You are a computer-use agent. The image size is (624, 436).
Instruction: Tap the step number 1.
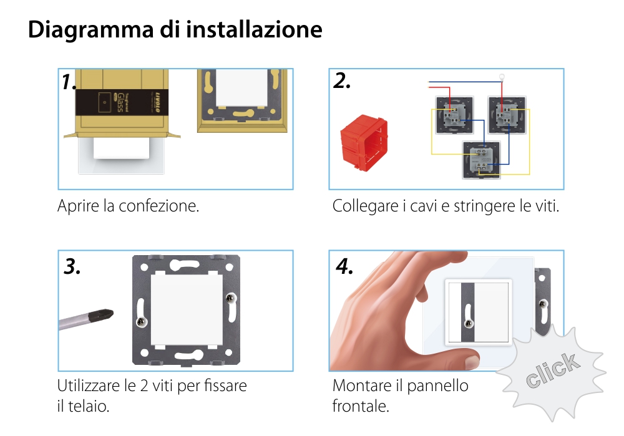pyautogui.click(x=69, y=82)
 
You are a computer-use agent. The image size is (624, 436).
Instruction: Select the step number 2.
pyautogui.click(x=342, y=81)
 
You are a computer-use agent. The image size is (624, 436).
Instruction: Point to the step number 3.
pyautogui.click(x=72, y=266)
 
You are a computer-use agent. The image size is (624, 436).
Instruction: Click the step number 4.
pyautogui.click(x=344, y=266)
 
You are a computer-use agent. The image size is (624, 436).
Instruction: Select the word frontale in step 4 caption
pyautogui.click(x=360, y=407)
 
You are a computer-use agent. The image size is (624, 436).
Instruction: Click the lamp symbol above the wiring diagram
pyautogui.click(x=502, y=79)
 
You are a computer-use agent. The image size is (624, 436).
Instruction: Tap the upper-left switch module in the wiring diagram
pyautogui.click(x=454, y=114)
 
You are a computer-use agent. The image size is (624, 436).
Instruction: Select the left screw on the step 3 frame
pyautogui.click(x=142, y=322)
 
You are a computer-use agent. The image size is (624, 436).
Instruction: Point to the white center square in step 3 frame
pyautogui.click(x=186, y=311)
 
